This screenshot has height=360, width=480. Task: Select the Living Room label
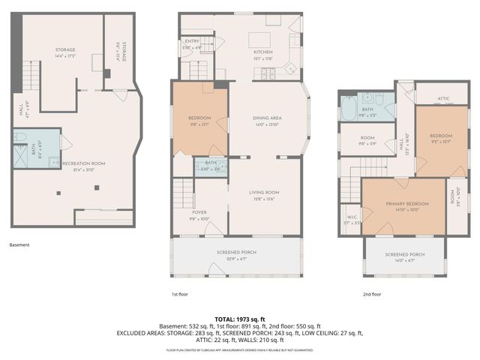(264, 193)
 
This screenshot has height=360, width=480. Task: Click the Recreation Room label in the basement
(83, 163)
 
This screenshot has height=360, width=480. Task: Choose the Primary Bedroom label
(407, 205)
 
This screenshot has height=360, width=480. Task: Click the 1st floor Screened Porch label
(235, 252)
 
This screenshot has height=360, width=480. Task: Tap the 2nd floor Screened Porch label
(404, 255)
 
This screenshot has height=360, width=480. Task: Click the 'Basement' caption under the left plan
(20, 244)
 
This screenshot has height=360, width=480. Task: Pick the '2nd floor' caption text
(371, 295)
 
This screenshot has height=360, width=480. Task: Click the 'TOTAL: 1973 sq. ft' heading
(239, 319)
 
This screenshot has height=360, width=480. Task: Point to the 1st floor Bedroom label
(199, 118)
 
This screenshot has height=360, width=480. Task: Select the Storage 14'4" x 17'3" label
(64, 52)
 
